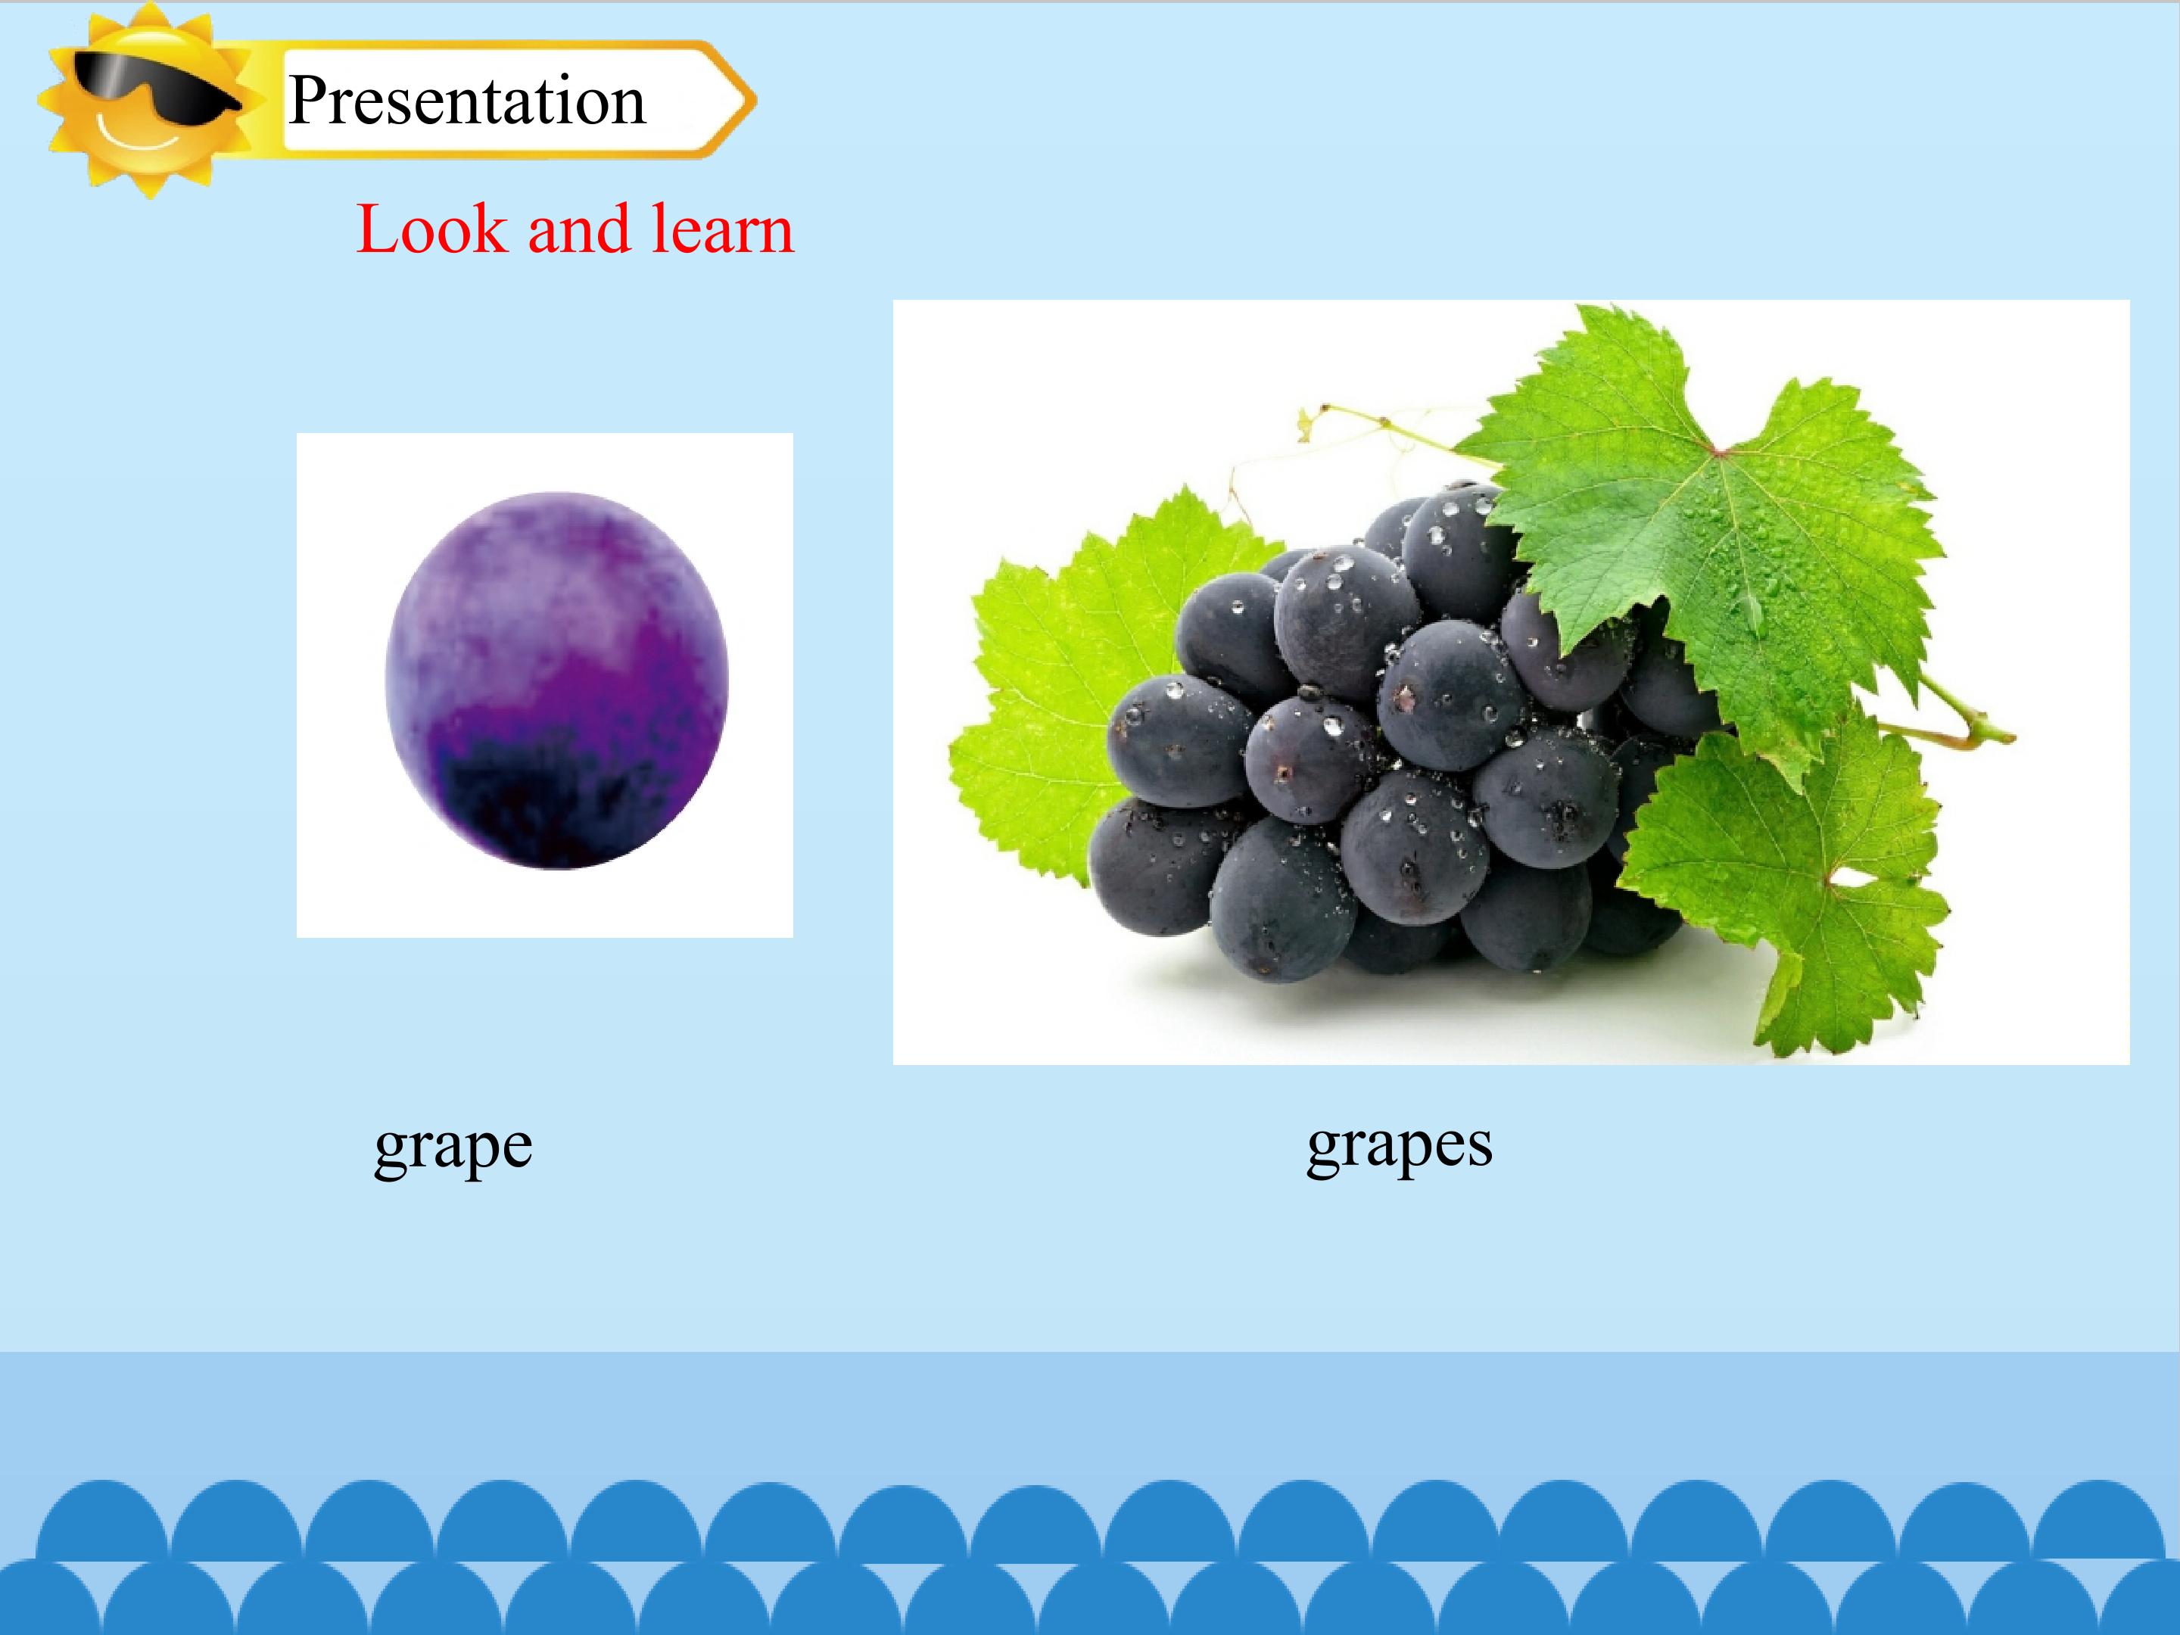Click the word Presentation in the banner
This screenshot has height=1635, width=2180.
pos(467,101)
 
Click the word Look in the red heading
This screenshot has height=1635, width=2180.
pos(431,229)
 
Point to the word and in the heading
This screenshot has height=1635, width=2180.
pos(578,229)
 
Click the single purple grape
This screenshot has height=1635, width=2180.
pos(557,680)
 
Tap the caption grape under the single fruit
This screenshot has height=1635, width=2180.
pos(453,1148)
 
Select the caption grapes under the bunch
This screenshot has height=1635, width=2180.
pos(1400,1145)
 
